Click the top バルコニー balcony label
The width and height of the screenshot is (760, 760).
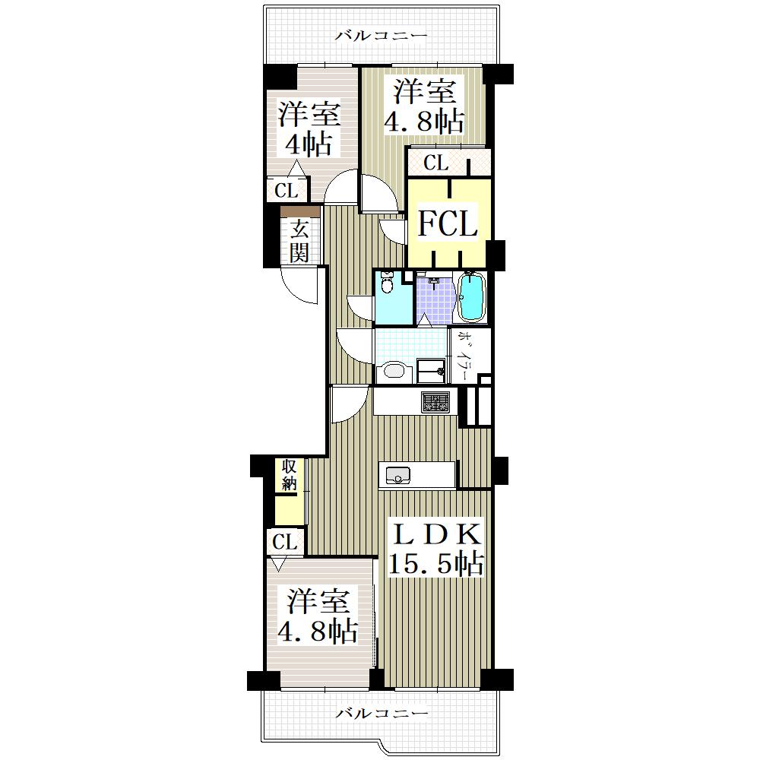pos(382,36)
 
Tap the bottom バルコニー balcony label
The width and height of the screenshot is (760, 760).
pos(382,713)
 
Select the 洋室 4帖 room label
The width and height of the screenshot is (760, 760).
pos(309,129)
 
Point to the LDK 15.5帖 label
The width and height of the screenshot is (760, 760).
pos(436,549)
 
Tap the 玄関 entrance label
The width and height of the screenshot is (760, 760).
pos(299,241)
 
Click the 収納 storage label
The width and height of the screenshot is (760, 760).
pos(290,475)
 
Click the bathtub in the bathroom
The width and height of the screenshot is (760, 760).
pos(472,296)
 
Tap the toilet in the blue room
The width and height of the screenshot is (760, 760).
pos(387,284)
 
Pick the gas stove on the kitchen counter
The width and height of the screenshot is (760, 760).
pos(435,402)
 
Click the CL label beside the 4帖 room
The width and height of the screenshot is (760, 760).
pos(286,191)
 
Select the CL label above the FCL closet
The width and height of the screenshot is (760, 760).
pos(435,163)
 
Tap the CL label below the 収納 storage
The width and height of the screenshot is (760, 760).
pos(284,542)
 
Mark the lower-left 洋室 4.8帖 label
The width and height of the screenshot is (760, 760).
pos(318,616)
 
